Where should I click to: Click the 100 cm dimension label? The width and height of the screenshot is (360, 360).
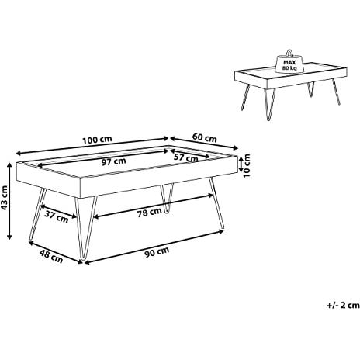coord(97,140)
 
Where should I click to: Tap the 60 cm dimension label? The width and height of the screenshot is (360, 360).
coord(205,137)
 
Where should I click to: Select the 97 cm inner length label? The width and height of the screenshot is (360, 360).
coord(113,161)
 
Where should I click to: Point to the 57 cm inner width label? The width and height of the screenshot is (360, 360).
coord(186,157)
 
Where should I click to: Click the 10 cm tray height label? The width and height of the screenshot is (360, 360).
coord(247,165)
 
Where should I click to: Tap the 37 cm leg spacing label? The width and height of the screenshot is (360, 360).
coord(57,216)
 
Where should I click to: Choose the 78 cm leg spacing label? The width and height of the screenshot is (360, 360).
coord(150,213)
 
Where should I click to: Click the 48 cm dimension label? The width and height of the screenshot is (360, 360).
coord(51,256)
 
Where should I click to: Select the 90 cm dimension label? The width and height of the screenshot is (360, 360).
coord(157,252)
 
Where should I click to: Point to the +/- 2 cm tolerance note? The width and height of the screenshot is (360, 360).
coord(344,305)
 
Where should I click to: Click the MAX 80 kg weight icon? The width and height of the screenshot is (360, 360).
coord(289,62)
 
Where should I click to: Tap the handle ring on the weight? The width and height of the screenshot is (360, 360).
coord(289,53)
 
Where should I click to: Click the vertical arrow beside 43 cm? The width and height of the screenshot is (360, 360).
coord(9,201)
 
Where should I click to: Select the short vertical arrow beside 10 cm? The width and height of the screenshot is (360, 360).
coord(241,164)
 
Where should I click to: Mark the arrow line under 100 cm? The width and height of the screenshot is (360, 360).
coord(92,146)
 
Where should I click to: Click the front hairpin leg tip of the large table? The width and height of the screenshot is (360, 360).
coord(83,258)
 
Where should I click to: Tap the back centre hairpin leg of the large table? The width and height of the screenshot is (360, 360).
coord(167,199)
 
